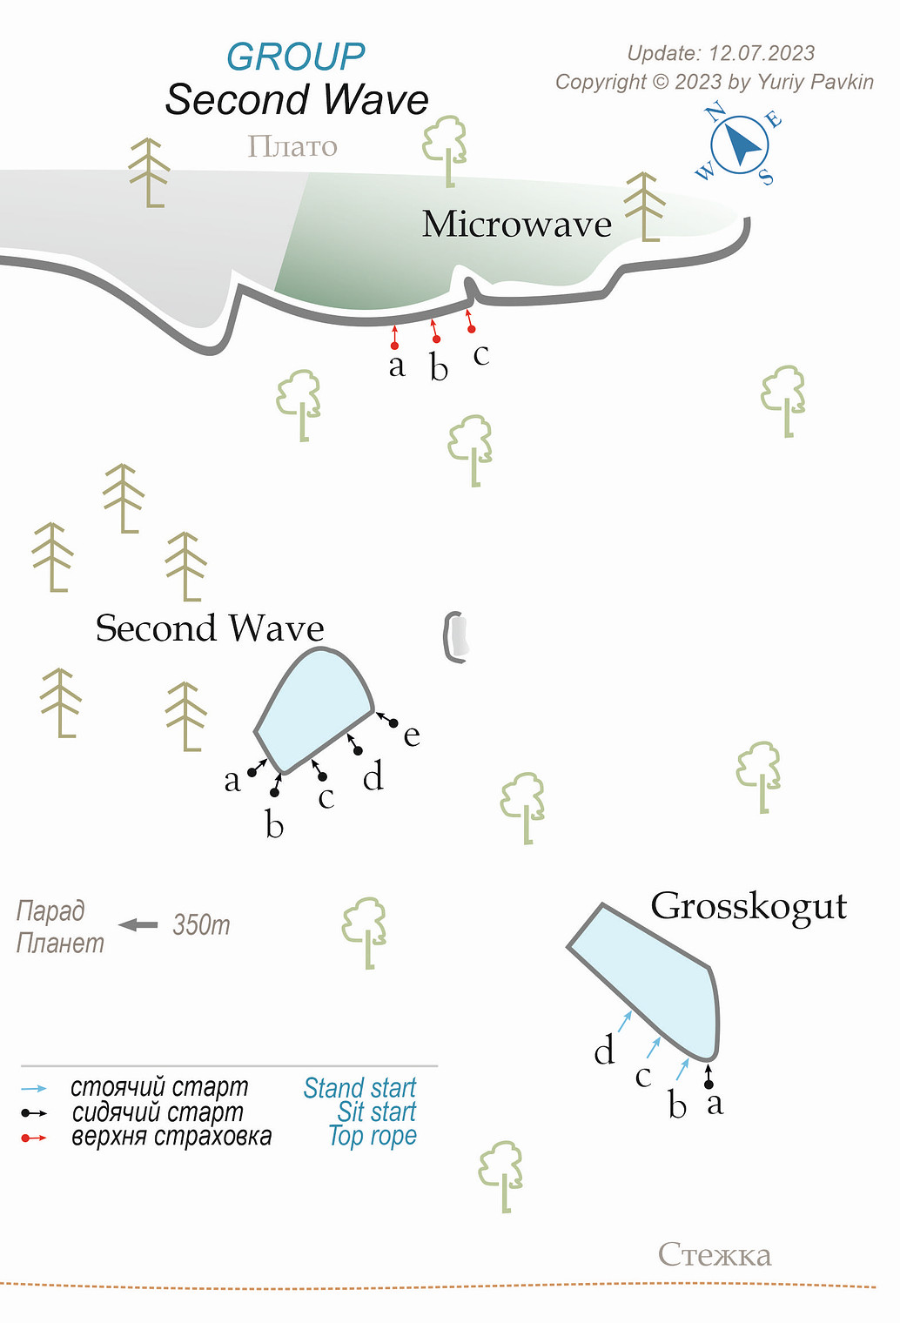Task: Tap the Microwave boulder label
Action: pos(517,225)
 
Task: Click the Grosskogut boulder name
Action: pos(749,906)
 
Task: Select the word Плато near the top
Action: pos(292,146)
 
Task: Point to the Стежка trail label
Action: pos(715,1254)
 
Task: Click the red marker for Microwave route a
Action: pos(394,346)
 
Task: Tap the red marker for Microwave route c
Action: pos(472,329)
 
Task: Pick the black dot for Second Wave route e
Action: pos(393,723)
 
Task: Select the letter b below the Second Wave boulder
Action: pos(274,825)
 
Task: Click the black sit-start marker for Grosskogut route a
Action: pos(709,1084)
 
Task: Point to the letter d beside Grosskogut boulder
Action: pos(604,1051)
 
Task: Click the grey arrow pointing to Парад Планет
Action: pos(138,924)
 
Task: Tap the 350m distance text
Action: pos(201,924)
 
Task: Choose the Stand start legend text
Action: pos(359,1088)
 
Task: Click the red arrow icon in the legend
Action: pos(34,1138)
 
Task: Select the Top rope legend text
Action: pos(373,1136)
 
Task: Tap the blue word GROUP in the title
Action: pos(295,57)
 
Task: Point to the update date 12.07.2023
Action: pos(762,53)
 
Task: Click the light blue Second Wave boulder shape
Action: pos(315,709)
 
